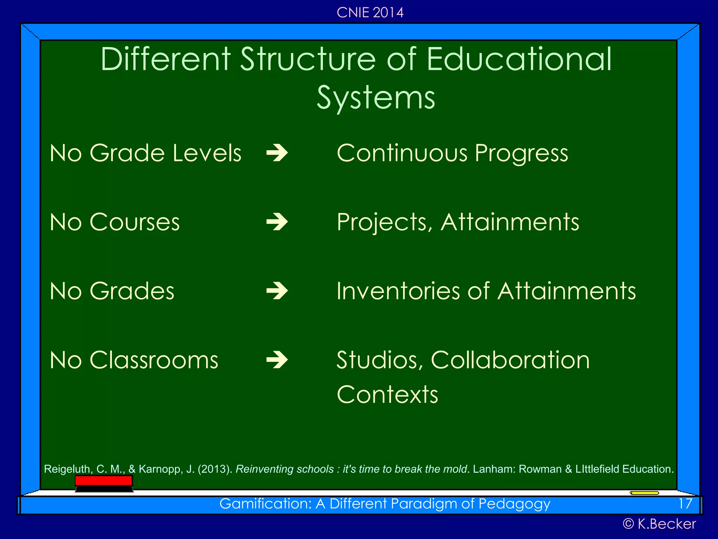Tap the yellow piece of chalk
pos(644,493)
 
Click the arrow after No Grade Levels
pos(277,153)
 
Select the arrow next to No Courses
pos(277,222)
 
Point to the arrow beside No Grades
pos(277,291)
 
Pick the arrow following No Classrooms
pos(277,360)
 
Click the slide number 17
pos(685,504)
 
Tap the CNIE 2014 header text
pos(370,13)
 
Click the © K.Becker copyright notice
pos(659,524)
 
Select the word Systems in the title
pos(376,98)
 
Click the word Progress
pos(521,154)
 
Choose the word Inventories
pos(398,291)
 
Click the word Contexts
pos(387,394)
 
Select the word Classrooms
pos(154,360)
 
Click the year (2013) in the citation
pos(215,469)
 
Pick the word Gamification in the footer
pos(265,504)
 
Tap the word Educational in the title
pos(519,59)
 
